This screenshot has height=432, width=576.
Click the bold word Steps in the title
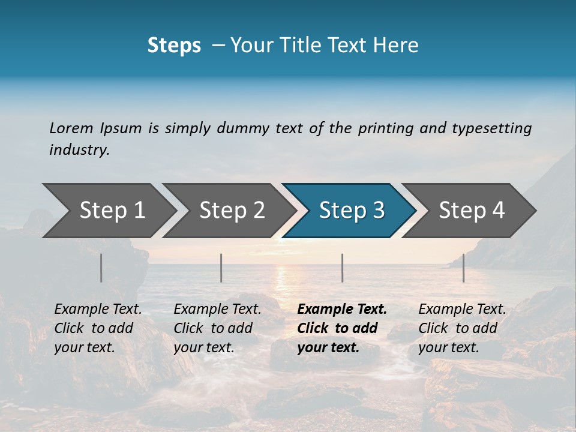tap(174, 46)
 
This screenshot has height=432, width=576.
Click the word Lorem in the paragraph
tap(71, 128)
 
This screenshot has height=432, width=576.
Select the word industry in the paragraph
tap(79, 149)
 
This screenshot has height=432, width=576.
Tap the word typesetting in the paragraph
tap(491, 128)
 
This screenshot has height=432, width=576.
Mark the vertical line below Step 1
tap(101, 268)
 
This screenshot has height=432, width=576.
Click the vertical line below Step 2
tap(221, 268)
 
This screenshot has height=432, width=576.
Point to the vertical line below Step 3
tap(342, 268)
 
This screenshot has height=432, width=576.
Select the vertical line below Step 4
tap(463, 268)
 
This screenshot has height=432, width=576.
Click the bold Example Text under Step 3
tap(342, 310)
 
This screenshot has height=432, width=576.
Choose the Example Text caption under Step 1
tap(98, 310)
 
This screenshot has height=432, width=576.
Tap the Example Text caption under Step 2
tap(217, 310)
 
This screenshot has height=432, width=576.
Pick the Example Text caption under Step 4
tap(462, 310)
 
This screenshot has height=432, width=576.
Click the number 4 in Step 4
tap(499, 211)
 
